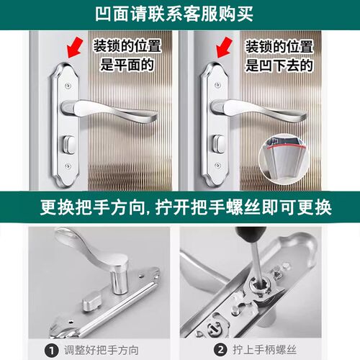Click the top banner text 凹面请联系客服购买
coord(179,14)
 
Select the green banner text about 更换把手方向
coord(180,208)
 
